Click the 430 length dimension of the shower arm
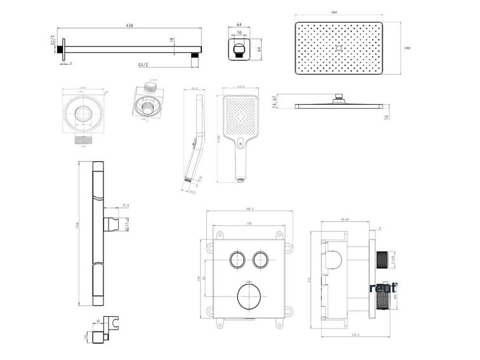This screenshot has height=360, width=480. pyautogui.click(x=130, y=25)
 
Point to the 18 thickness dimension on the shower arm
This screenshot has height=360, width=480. pyautogui.click(x=172, y=40)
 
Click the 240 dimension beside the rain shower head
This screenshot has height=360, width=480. pyautogui.click(x=408, y=48)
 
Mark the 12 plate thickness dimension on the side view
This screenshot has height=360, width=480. pyautogui.click(x=380, y=229)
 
